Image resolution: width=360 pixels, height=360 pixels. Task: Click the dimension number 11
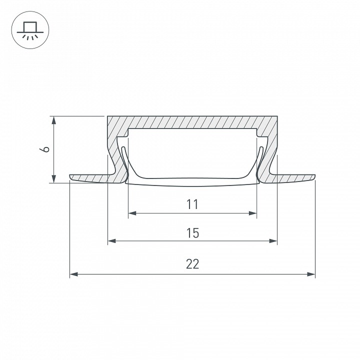[x=192, y=204]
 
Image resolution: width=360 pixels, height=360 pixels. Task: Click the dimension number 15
[x=192, y=233]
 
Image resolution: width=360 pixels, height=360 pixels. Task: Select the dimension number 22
[x=192, y=264]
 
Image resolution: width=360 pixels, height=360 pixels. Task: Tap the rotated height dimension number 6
[x=44, y=149]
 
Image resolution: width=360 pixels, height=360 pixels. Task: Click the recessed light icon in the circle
[x=30, y=30]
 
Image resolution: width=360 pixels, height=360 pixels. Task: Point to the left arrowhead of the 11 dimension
[x=132, y=213]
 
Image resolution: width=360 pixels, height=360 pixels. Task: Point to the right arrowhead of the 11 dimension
[x=253, y=213]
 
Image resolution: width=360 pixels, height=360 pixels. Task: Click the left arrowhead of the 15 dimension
[x=112, y=241]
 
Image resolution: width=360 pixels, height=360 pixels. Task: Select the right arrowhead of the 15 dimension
[x=273, y=241]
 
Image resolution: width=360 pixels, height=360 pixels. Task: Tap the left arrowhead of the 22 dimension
[x=73, y=274]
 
